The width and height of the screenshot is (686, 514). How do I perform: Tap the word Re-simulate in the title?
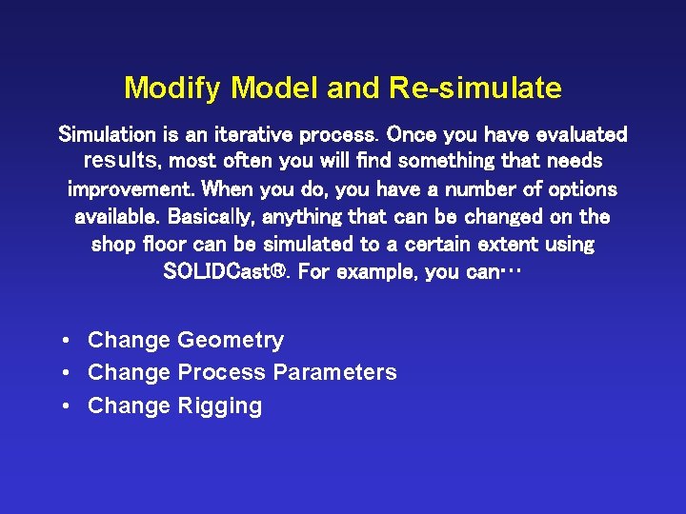coord(475,89)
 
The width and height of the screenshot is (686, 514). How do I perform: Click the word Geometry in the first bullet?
coord(231,341)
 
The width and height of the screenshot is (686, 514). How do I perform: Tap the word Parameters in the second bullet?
coord(334,373)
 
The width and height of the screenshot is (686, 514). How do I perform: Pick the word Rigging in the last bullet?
coord(219,406)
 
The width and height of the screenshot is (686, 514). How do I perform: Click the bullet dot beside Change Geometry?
coord(63,341)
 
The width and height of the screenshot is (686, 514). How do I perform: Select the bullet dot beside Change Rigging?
coord(63,406)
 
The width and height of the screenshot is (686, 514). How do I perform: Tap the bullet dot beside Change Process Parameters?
coord(63,373)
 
